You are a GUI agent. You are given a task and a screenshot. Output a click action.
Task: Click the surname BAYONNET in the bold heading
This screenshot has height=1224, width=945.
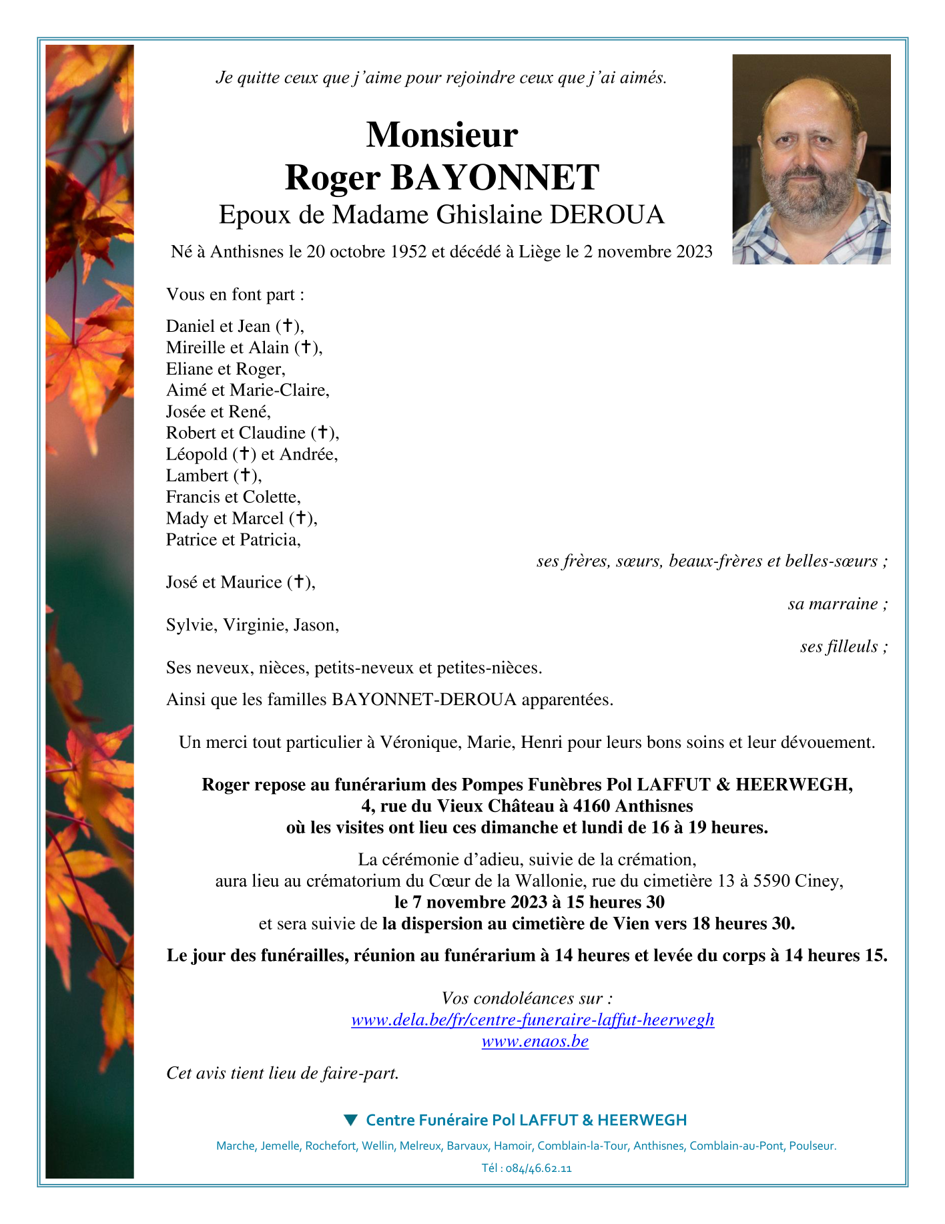tap(495, 178)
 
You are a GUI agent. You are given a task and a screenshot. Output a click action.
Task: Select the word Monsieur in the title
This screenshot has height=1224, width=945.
tap(442, 134)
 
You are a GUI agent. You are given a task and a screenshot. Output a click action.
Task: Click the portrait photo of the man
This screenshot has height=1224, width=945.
tap(811, 159)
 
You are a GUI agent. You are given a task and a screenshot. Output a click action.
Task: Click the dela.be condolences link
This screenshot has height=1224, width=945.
tap(532, 1020)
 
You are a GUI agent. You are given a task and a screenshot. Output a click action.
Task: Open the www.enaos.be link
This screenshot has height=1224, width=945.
tap(535, 1041)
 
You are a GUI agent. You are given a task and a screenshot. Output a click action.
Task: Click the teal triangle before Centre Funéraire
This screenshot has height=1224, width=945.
tap(350, 1120)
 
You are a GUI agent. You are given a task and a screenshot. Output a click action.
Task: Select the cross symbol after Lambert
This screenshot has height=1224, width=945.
tap(246, 475)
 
